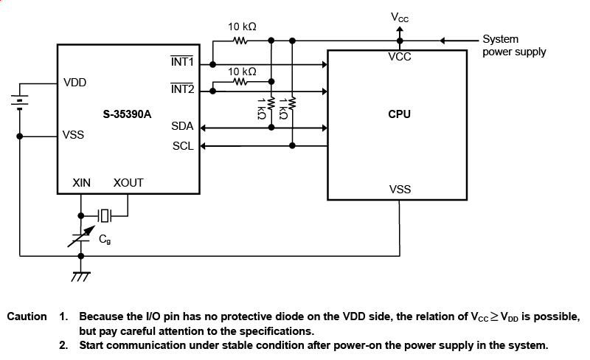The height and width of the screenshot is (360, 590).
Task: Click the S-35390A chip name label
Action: [128, 114]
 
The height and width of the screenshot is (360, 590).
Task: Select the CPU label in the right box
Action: [399, 114]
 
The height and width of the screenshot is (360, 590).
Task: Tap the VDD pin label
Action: [75, 83]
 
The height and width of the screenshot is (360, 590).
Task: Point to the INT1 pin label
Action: [182, 63]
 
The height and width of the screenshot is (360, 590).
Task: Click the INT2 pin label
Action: [182, 89]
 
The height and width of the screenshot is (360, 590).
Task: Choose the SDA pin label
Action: [183, 127]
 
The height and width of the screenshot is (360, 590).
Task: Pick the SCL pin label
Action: [183, 146]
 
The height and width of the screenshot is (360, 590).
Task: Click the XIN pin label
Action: [81, 182]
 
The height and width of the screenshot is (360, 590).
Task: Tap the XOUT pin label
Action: [128, 182]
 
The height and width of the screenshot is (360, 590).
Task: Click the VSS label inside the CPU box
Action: [400, 190]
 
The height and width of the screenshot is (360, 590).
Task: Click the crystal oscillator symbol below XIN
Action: [105, 215]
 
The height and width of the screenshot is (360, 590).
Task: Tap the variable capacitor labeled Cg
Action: [80, 238]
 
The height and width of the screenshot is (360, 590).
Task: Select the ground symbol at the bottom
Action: [80, 275]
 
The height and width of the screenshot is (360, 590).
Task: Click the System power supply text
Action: [514, 45]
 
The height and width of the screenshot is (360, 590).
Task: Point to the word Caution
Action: [27, 316]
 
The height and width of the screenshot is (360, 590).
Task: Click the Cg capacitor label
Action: [105, 239]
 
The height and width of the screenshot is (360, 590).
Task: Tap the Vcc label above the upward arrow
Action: [400, 17]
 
